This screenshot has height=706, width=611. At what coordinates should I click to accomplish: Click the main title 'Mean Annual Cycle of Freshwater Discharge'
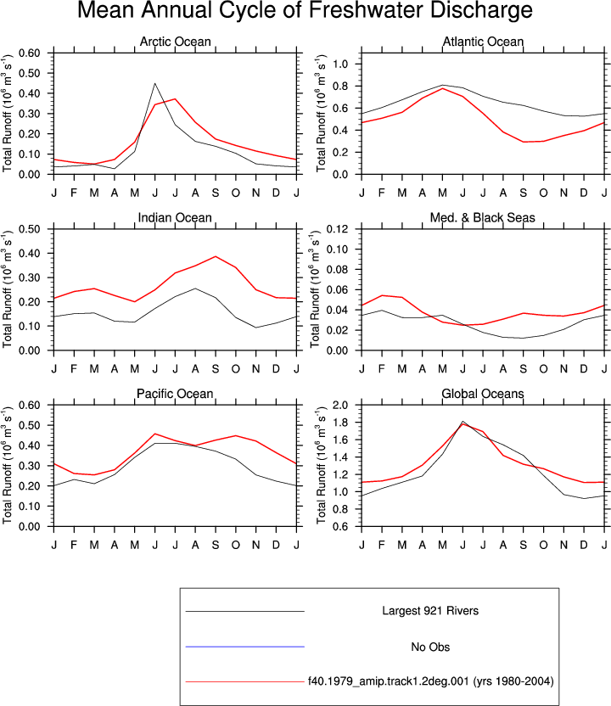(305, 10)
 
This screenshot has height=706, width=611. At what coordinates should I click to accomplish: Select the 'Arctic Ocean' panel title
(175, 42)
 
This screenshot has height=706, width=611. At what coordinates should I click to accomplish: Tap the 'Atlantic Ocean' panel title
(483, 42)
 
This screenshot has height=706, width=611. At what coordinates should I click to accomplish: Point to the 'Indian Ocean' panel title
(175, 217)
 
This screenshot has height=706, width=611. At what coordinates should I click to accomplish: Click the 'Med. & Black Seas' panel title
(483, 217)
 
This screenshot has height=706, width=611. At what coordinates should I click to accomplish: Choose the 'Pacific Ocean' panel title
(175, 394)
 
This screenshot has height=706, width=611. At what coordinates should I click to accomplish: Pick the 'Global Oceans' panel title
(483, 394)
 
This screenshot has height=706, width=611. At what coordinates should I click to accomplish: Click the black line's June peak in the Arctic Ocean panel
(155, 83)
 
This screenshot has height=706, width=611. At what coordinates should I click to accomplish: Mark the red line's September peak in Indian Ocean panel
(216, 256)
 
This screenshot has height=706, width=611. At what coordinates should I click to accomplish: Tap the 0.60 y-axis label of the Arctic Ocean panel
(29, 53)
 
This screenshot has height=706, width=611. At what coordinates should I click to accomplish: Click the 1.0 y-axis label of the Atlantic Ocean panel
(340, 64)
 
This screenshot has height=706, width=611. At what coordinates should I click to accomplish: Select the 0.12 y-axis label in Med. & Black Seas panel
(337, 229)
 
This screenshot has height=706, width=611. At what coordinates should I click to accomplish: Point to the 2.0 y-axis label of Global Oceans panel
(340, 406)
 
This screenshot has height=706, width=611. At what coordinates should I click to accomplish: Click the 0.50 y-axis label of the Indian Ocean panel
(29, 229)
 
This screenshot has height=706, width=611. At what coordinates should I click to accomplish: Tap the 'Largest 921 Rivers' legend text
(430, 611)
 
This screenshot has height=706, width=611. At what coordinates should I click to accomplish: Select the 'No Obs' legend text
(430, 647)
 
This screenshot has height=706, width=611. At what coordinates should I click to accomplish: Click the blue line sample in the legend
(245, 647)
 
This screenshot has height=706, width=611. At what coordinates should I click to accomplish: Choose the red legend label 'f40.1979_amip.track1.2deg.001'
(389, 681)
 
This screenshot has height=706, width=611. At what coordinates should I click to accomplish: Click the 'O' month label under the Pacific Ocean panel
(235, 546)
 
